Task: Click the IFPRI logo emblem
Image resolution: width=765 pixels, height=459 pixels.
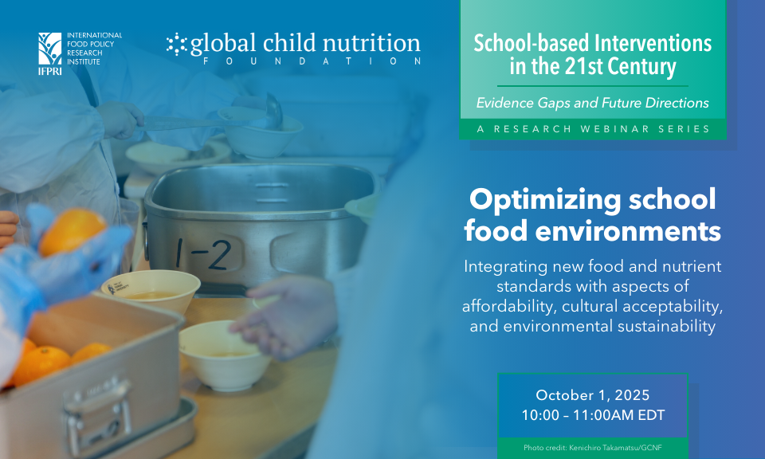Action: click(x=49, y=49)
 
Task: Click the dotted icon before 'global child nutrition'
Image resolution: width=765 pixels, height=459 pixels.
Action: click(x=177, y=44)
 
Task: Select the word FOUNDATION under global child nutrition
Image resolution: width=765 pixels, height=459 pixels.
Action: click(x=312, y=61)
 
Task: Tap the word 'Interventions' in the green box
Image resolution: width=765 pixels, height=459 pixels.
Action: click(x=653, y=43)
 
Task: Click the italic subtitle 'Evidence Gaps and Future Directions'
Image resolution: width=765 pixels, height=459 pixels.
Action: click(x=592, y=103)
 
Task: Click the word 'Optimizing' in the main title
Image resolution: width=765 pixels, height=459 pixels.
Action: click(x=544, y=200)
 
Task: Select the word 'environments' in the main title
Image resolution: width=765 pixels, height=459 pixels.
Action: click(x=628, y=231)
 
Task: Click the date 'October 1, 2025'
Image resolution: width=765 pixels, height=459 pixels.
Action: click(x=593, y=394)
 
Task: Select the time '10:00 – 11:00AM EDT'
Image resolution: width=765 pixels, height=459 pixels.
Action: click(x=593, y=415)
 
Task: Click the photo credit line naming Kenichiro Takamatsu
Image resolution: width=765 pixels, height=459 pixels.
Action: click(x=593, y=447)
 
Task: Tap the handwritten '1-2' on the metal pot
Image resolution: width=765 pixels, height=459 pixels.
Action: click(x=204, y=253)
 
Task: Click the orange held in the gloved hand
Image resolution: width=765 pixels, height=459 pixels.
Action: click(x=72, y=232)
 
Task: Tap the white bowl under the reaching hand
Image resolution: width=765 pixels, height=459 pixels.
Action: click(x=225, y=355)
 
